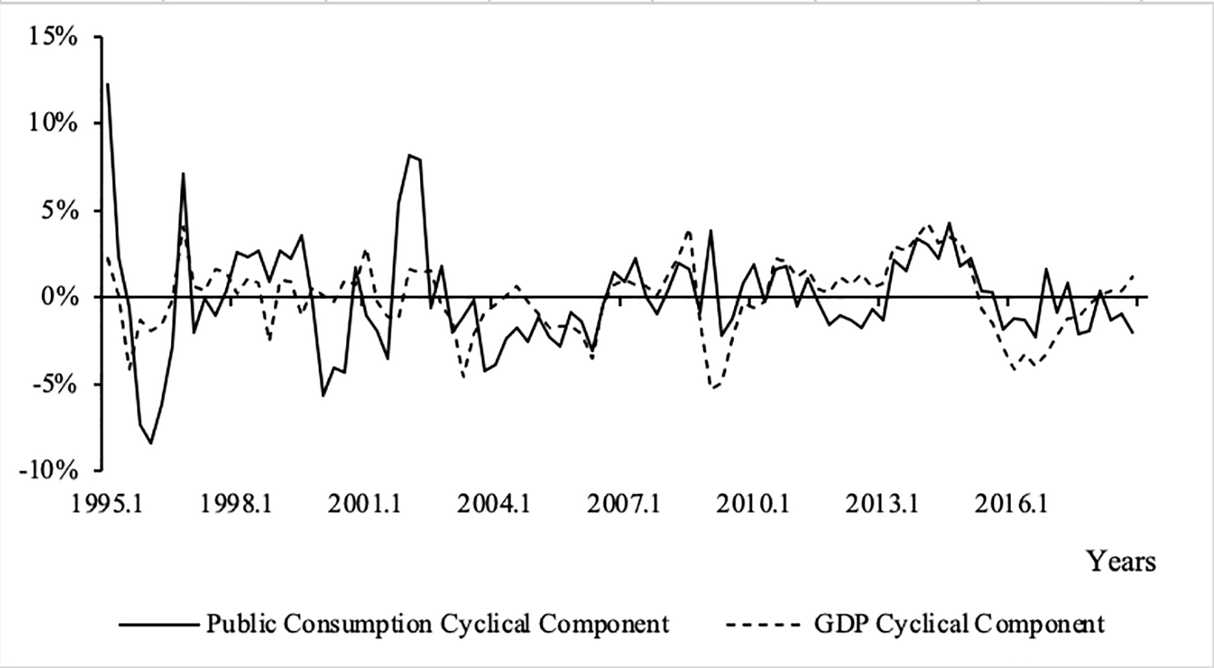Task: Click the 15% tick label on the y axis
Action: [52, 36]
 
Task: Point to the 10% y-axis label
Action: [52, 123]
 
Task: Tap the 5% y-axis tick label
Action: [59, 210]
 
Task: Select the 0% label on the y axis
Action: [59, 297]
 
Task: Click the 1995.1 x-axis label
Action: [108, 504]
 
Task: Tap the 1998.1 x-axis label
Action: [237, 504]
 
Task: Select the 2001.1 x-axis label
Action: [366, 504]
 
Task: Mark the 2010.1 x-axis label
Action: [752, 504]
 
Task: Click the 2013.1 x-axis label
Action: [882, 504]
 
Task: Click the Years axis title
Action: [1120, 562]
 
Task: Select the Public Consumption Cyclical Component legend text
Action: [437, 624]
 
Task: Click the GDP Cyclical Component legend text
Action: [959, 624]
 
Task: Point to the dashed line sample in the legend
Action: [763, 624]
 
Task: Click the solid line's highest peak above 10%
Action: [108, 83]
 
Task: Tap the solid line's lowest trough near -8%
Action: [151, 443]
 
